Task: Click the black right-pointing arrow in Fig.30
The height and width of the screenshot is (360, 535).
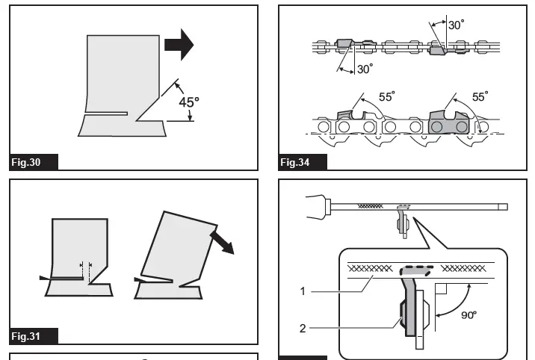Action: pyautogui.click(x=178, y=45)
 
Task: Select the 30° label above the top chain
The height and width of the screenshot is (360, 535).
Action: pyautogui.click(x=454, y=25)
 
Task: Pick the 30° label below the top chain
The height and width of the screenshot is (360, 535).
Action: pyautogui.click(x=364, y=69)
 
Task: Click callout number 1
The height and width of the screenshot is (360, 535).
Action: pyautogui.click(x=303, y=291)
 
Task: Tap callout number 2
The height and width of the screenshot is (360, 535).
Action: pyautogui.click(x=303, y=326)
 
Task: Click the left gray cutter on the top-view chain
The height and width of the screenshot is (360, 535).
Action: pyautogui.click(x=344, y=44)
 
